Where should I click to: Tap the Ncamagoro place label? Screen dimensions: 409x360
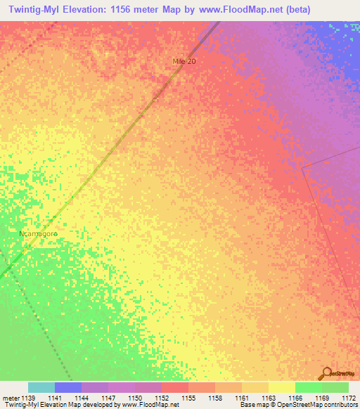39,233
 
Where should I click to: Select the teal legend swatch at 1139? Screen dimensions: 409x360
41,387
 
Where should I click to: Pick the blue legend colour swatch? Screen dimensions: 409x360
68,387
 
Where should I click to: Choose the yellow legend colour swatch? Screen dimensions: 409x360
281,387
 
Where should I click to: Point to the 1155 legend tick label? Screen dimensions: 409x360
188,398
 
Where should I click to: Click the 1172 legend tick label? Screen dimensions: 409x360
348,398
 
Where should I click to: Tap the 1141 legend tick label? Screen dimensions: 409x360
54,398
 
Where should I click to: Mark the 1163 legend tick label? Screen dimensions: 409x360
268,398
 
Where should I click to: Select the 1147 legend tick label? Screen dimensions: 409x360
108,398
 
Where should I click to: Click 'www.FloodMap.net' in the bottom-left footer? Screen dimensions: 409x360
149,405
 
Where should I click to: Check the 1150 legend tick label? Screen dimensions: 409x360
134,398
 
